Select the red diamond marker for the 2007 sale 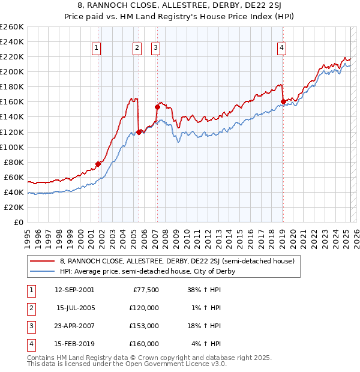pos(157,107)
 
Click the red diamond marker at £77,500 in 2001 pos(98,163)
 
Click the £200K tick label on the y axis pos(12,71)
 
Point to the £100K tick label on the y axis pos(12,147)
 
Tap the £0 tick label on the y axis pos(18,222)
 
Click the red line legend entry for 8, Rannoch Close pos(176,261)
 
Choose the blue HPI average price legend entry pos(147,271)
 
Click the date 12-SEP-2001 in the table pos(74,290)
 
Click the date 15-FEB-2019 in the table pos(74,344)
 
